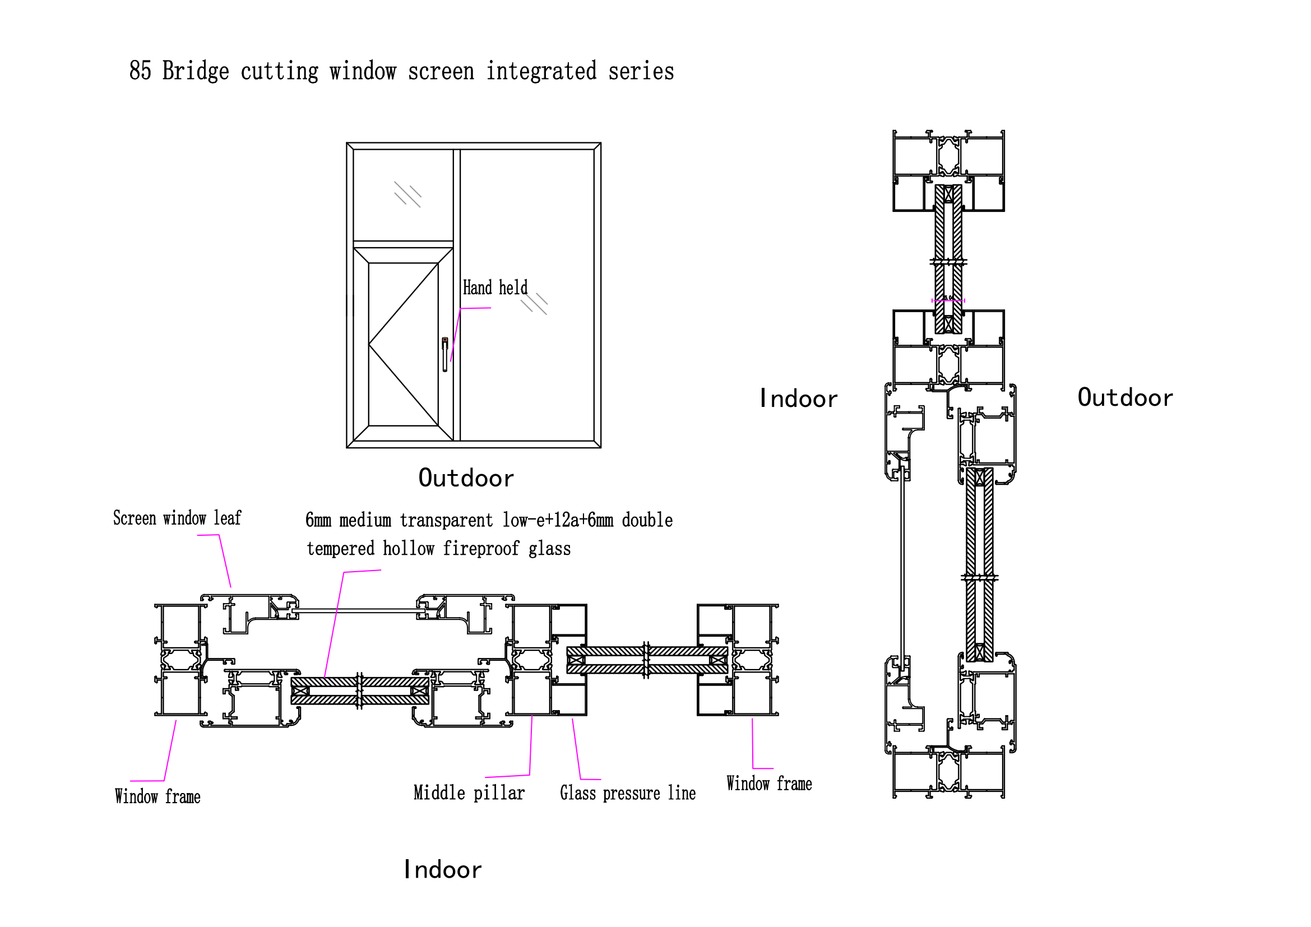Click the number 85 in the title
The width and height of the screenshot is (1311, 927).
140,71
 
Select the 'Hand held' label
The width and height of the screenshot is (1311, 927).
494,288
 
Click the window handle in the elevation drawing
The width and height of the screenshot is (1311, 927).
445,354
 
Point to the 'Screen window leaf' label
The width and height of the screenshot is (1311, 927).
177,518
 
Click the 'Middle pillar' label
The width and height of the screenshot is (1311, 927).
469,793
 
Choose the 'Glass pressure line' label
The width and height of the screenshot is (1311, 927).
628,794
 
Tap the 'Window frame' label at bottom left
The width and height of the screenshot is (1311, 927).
157,797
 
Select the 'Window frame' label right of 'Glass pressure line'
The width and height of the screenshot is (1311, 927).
768,784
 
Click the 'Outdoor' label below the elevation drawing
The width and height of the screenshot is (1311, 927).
466,478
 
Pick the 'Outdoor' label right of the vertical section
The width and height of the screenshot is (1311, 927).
1125,398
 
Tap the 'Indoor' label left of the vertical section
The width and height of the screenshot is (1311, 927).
798,399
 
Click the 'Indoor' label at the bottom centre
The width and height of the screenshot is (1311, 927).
443,870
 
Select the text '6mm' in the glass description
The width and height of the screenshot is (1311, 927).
318,520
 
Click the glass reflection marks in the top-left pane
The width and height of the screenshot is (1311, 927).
407,194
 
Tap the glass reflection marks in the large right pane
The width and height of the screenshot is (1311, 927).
535,304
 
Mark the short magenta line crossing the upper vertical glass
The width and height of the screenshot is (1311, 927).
948,300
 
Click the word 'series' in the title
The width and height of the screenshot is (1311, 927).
641,71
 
